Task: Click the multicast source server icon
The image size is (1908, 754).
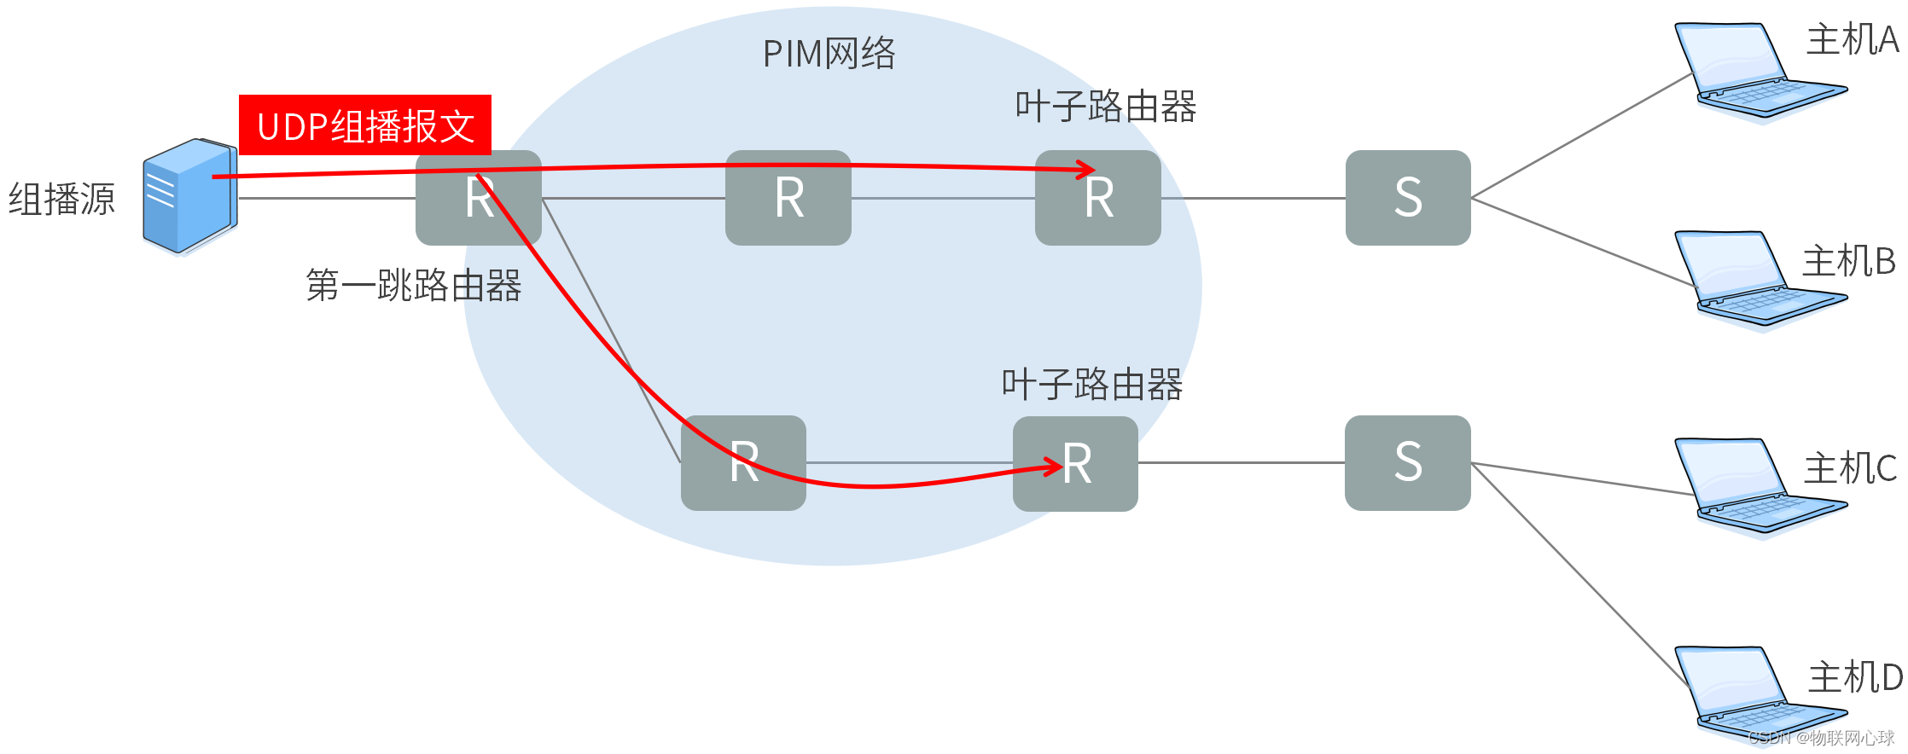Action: pos(189,196)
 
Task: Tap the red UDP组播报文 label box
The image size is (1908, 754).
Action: pos(365,125)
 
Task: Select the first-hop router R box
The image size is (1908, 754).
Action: pos(478,198)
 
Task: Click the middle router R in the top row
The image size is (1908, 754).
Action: pos(788,198)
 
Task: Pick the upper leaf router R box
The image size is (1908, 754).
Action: pos(1097,198)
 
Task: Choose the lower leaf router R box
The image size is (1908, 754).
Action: pos(1075,463)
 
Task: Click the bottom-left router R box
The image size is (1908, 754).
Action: pos(743,463)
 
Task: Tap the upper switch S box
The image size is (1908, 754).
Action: pos(1408,198)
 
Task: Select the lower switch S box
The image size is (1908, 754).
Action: pos(1408,463)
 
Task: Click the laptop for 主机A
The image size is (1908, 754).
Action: pos(1749,72)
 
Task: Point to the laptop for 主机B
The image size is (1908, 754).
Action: pos(1749,279)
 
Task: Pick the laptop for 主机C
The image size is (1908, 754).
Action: pos(1749,487)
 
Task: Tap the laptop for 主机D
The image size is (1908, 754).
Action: pos(1749,694)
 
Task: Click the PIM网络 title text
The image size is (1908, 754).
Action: pos(829,54)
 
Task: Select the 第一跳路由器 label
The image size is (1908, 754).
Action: pos(414,286)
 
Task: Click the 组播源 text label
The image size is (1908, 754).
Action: pos(61,200)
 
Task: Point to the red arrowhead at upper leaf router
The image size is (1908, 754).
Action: pos(1086,169)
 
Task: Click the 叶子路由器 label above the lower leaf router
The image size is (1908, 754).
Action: pos(1092,385)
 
